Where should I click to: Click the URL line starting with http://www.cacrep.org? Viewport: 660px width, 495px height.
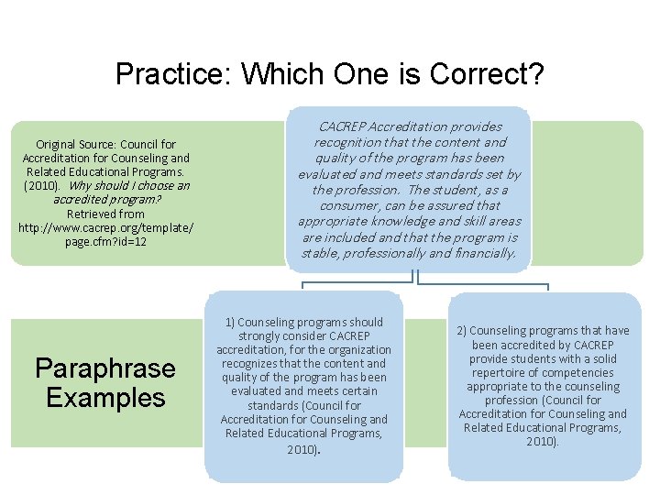[x=105, y=227]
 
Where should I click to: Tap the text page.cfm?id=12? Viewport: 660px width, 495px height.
[x=105, y=241]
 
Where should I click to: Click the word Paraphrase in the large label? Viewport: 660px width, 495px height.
[x=104, y=368]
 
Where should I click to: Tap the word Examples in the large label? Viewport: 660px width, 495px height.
[x=104, y=398]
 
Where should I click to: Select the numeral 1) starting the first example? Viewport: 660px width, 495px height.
[x=230, y=322]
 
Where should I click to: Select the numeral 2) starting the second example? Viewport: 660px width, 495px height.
[x=462, y=331]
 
